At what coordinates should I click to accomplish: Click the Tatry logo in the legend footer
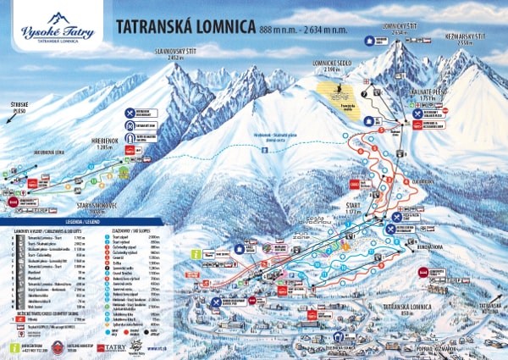(x=112, y=347)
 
